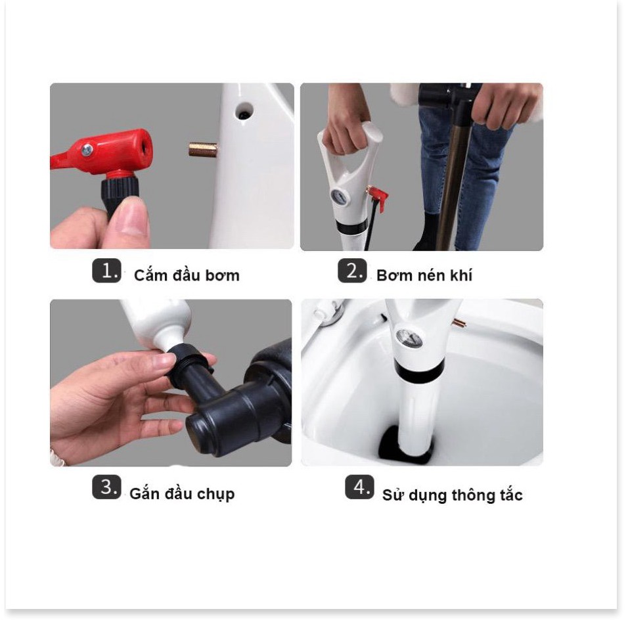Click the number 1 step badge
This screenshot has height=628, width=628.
pos(106,271)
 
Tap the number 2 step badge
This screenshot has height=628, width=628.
pos(352,271)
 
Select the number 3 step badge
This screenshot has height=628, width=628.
pos(106,487)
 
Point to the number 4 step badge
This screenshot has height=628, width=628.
pos(359,487)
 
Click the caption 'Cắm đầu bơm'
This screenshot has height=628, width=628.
pos(187,275)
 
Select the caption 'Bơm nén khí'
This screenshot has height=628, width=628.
pos(424,275)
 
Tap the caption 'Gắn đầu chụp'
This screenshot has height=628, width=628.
pos(182,494)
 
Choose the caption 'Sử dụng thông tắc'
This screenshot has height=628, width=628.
pos(452,495)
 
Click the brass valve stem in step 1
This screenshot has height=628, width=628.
pos(203,149)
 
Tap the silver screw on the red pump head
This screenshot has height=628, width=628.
pos(87,150)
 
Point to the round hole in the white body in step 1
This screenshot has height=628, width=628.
pos(244,111)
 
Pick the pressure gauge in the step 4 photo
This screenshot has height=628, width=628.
pos(408,338)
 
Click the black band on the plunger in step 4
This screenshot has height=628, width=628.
pos(418,370)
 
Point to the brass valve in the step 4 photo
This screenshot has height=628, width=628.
pos(459,323)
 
